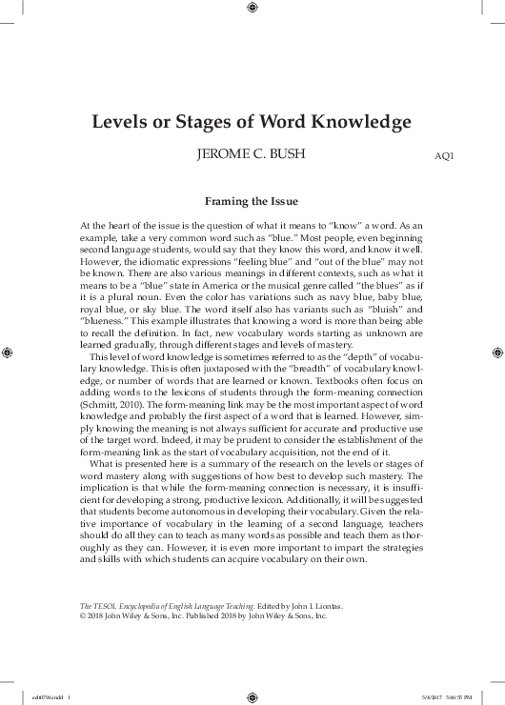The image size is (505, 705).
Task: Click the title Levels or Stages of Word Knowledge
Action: (252, 123)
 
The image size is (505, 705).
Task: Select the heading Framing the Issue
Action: (252, 201)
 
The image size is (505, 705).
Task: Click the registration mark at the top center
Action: (252, 10)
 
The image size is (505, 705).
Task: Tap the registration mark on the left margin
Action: (10, 352)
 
